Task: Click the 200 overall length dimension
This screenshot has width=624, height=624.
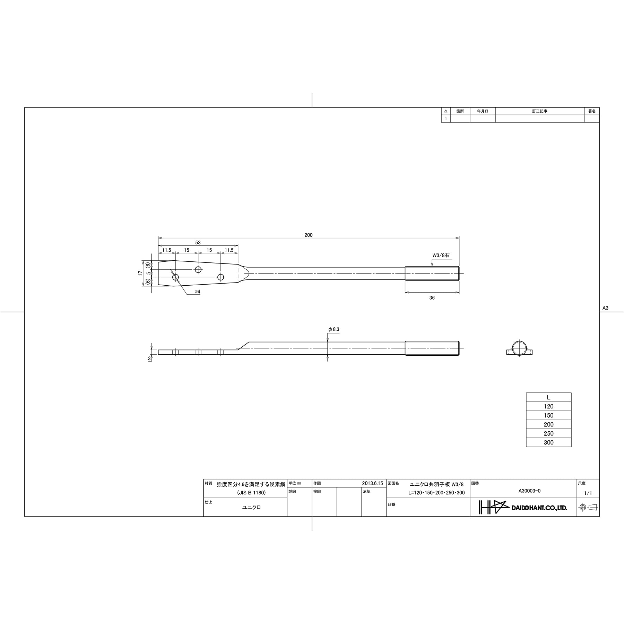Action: pyautogui.click(x=308, y=235)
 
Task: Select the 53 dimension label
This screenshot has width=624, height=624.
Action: pyautogui.click(x=198, y=243)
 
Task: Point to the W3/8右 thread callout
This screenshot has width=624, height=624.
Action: pyautogui.click(x=441, y=255)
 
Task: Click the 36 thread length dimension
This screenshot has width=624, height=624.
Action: pyautogui.click(x=432, y=298)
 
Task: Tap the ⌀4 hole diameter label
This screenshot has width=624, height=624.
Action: pyautogui.click(x=197, y=292)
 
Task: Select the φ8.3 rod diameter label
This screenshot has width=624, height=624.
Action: pyautogui.click(x=333, y=329)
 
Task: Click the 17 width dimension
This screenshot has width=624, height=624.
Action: pyautogui.click(x=140, y=273)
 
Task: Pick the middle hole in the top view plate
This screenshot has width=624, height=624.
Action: pyautogui.click(x=198, y=270)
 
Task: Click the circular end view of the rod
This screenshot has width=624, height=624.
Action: pyautogui.click(x=519, y=348)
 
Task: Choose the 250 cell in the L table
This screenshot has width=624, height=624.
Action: pyautogui.click(x=548, y=434)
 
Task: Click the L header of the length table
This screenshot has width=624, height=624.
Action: pyautogui.click(x=548, y=398)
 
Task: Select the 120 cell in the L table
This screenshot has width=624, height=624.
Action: pyautogui.click(x=548, y=407)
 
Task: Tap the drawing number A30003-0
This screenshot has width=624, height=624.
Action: pyautogui.click(x=529, y=491)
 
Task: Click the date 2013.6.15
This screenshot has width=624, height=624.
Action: pyautogui.click(x=372, y=483)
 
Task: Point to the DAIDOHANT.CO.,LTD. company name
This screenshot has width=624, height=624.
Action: pyautogui.click(x=539, y=508)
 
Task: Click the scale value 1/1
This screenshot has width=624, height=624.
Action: pyautogui.click(x=588, y=493)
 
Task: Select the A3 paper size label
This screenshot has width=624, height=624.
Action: pyautogui.click(x=605, y=308)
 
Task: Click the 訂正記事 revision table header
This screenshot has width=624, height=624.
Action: pyautogui.click(x=539, y=111)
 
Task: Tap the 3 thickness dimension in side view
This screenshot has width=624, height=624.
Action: pyautogui.click(x=149, y=358)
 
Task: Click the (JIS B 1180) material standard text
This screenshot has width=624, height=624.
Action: pyautogui.click(x=251, y=493)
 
